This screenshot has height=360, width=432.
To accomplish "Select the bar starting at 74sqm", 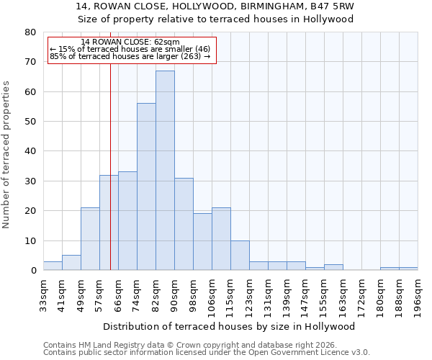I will point(146,187).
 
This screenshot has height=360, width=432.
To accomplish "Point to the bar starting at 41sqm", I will point(71,263).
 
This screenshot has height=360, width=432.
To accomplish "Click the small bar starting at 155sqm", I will point(333,267).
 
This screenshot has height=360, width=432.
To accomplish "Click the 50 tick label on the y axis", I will point(30,122).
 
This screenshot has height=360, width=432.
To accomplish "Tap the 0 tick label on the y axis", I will point(33,271).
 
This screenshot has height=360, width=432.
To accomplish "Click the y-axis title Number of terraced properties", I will point(6,154).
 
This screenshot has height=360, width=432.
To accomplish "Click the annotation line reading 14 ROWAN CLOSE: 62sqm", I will point(130,42).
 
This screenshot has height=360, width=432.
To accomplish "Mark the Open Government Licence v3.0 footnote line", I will point(207,353).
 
